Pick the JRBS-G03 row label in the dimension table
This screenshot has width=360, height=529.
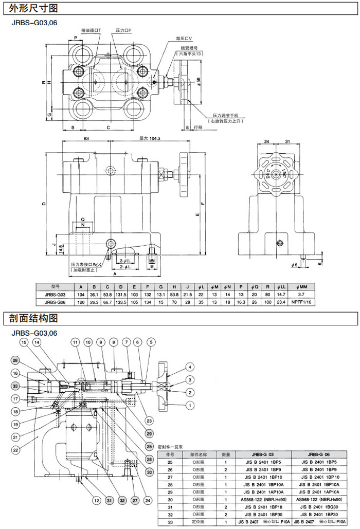tap(55, 294)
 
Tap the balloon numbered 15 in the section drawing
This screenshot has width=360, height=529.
tap(24, 342)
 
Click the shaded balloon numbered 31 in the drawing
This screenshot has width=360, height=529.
tap(109, 500)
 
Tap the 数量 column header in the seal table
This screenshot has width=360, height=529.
tap(226, 454)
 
